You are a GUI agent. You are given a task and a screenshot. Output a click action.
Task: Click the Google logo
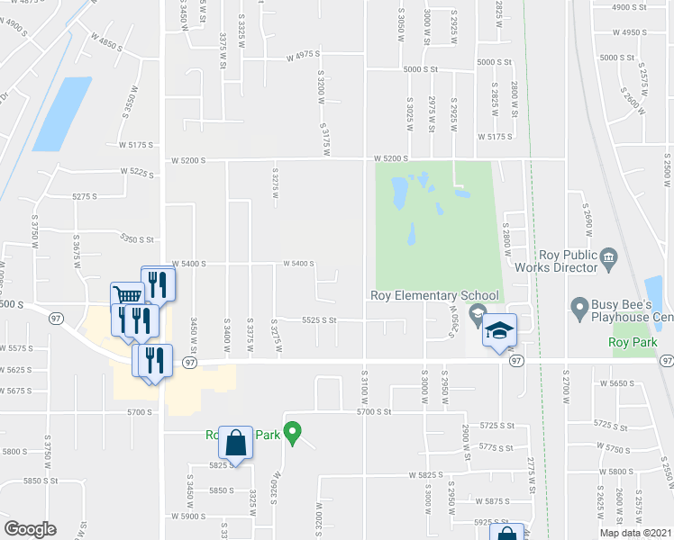29,529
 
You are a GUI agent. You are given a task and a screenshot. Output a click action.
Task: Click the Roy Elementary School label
434,295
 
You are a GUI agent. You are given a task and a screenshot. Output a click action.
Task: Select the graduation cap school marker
499,331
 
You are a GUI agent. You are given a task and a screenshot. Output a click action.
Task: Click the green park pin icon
291,433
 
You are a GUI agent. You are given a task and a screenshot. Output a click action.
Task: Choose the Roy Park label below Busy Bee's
633,342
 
